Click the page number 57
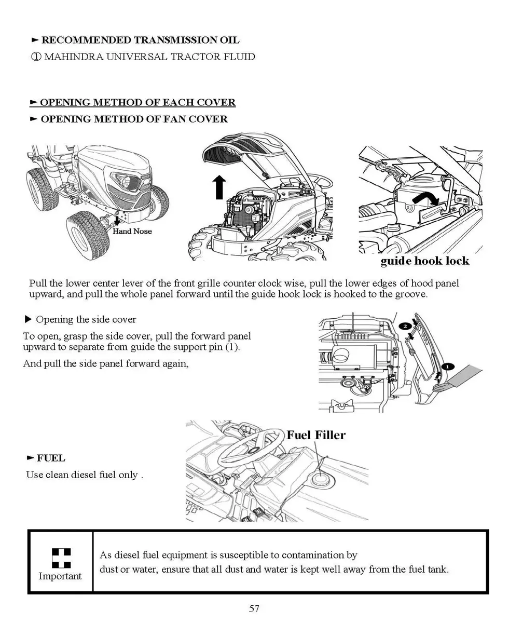(254, 608)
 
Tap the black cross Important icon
(61, 558)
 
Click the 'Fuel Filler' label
(316, 435)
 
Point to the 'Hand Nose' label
(132, 231)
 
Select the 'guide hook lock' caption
(424, 261)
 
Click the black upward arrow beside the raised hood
(219, 187)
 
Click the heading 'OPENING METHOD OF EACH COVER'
(137, 102)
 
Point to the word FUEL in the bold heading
(51, 458)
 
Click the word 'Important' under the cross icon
(60, 576)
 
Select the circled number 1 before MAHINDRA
(36, 57)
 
